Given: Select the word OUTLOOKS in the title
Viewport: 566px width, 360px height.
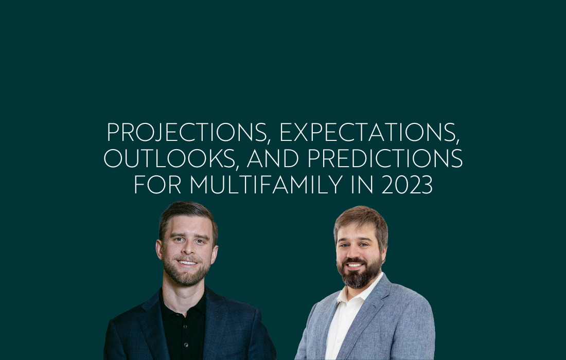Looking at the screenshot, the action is click(x=171, y=158).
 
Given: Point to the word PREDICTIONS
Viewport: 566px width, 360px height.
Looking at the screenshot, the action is click(x=385, y=158).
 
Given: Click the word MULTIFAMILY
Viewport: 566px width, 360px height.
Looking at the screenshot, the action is click(x=267, y=184).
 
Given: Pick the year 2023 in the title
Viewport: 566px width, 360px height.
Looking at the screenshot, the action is click(x=407, y=184).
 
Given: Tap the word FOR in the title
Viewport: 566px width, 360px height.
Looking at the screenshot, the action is click(x=157, y=184).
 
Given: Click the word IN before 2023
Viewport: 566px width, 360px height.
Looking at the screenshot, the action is click(x=362, y=184).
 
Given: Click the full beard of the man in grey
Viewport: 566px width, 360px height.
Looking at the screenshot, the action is click(x=359, y=274).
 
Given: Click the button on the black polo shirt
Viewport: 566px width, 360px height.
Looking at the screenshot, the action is click(x=186, y=345).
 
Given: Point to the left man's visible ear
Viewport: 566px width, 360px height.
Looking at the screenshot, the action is click(x=159, y=249).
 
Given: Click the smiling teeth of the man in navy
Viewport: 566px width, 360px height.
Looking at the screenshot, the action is click(x=188, y=263).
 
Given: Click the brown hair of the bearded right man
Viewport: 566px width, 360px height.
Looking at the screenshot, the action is click(x=362, y=220).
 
